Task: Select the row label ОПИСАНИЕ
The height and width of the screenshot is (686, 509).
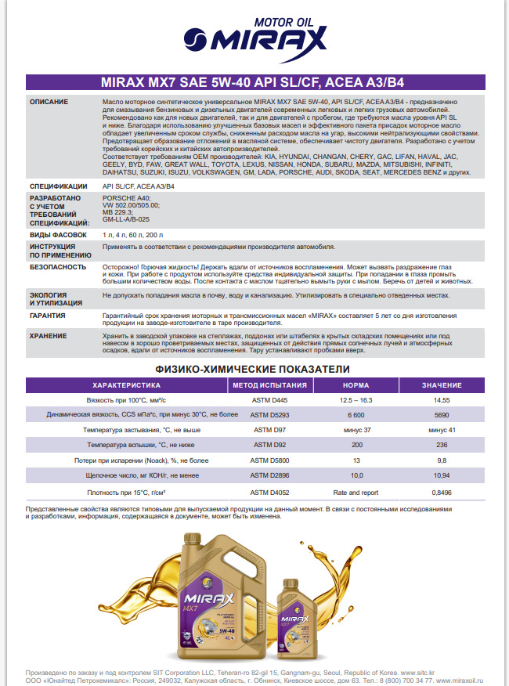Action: tap(49, 103)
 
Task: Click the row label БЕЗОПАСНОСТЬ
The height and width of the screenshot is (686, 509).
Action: tap(57, 266)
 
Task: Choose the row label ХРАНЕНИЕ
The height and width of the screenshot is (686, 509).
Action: tap(49, 335)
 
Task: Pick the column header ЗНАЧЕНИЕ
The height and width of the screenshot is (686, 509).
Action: tap(442, 385)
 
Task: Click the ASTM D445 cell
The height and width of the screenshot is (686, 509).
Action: tap(269, 399)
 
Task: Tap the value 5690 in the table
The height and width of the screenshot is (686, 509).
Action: tap(442, 414)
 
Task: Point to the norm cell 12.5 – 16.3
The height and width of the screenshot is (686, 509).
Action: tap(356, 399)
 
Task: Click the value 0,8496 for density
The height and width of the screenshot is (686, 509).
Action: tap(442, 493)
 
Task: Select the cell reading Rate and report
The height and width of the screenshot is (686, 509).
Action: tap(356, 493)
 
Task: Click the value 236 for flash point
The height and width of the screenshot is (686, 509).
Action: tap(442, 445)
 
